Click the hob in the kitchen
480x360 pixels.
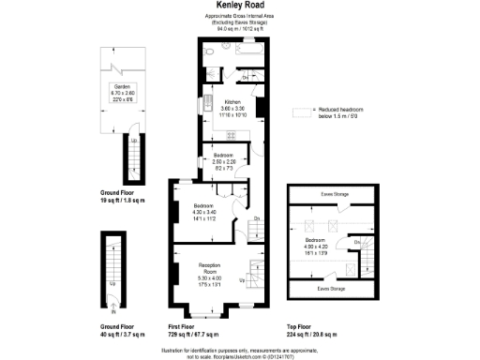(232, 134)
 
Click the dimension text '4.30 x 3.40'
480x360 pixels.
(204, 212)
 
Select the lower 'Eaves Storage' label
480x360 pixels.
(331, 289)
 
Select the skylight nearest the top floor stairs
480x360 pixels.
(351, 267)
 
